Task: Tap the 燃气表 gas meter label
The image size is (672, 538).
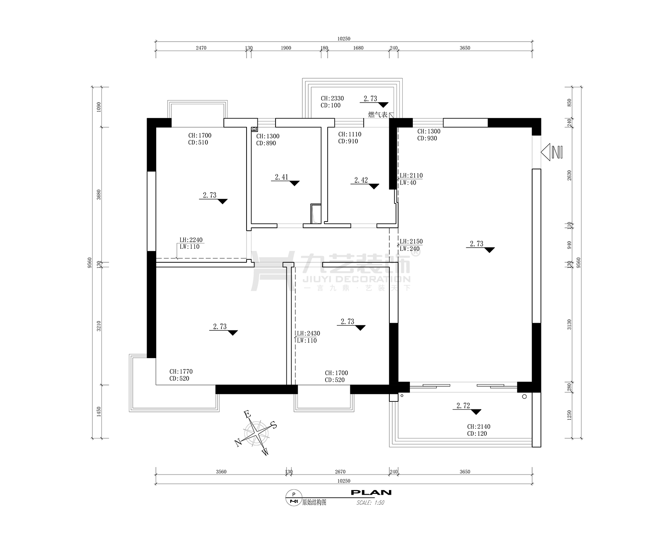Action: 378,114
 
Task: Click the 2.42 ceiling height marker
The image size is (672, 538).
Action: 365,182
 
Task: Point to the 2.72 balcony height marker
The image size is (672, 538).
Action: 467,408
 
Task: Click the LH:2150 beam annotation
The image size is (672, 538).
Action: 411,242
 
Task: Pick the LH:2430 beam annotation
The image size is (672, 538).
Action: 308,333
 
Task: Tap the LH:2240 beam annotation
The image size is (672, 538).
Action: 191,240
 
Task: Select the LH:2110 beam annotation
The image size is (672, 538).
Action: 411,176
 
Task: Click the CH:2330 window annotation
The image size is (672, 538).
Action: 332,98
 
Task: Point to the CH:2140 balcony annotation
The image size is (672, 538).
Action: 479,427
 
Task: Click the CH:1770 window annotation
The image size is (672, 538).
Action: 181,372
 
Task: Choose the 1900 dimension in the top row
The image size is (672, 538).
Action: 286,48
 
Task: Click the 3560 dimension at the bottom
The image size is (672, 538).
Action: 221,472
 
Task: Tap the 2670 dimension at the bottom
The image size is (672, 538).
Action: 340,472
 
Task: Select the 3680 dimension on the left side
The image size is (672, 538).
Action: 99,195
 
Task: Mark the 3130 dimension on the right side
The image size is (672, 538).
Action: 570,325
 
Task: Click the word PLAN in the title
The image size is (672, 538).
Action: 371,493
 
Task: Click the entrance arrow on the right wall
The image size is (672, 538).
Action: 551,152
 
